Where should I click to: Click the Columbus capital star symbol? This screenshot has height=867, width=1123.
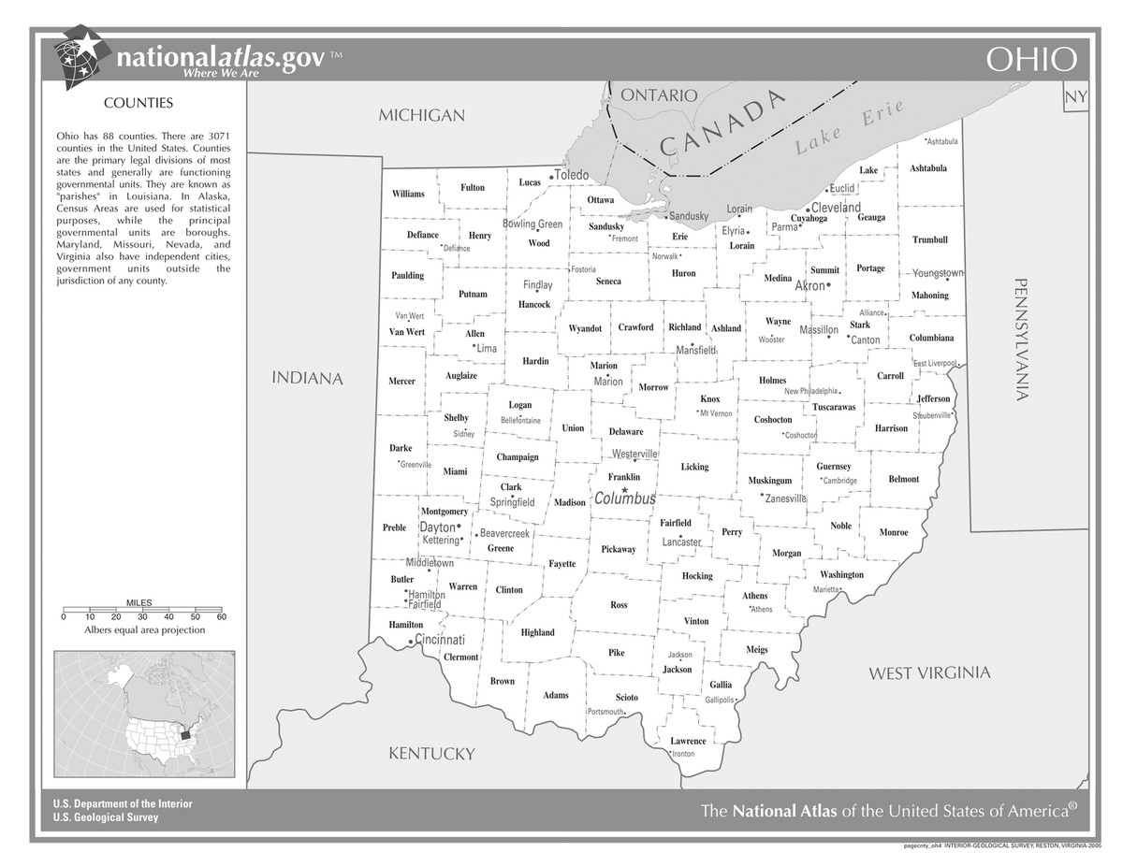624,489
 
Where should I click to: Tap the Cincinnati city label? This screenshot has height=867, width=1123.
440,641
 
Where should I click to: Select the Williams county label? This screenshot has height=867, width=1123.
408,194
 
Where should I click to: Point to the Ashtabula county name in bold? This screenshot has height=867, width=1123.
928,168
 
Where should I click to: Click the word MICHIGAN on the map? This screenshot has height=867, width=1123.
421,115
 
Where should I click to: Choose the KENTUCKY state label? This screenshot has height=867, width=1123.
431,753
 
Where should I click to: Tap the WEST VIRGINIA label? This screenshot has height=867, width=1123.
929,672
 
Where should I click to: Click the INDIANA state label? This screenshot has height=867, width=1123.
307,379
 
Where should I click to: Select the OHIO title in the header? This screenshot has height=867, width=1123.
1031,60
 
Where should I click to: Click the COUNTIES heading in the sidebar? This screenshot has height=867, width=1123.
138,102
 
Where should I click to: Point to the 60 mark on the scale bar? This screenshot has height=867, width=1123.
222,616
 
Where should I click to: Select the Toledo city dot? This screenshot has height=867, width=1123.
551,177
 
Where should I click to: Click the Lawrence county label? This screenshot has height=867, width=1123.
688,741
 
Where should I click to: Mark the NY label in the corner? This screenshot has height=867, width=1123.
1076,97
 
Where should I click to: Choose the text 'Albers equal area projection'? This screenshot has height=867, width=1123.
144,630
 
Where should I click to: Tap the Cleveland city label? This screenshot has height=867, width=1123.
836,207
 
